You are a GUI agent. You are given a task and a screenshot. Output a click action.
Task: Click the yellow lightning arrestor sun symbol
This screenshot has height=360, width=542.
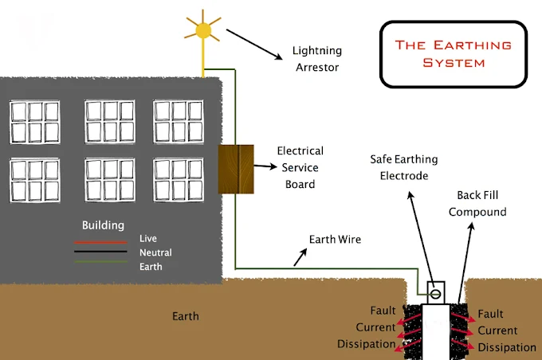click(203, 31)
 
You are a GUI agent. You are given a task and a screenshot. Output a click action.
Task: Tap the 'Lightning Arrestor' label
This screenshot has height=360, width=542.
click(316, 59)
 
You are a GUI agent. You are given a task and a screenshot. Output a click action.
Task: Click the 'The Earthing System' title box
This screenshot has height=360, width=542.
click(453, 53)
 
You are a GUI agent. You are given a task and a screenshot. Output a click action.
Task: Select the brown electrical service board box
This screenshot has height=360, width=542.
click(236, 169)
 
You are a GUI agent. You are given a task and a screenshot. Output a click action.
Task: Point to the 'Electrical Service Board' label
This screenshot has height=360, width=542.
click(300, 167)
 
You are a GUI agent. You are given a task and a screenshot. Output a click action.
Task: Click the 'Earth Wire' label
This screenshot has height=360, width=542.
click(335, 239)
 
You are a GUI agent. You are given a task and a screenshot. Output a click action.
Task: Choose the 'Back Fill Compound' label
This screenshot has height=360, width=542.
click(477, 203)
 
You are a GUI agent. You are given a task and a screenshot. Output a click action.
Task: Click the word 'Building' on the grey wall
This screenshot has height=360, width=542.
click(103, 225)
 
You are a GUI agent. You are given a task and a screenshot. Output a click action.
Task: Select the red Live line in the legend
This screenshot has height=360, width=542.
click(100, 241)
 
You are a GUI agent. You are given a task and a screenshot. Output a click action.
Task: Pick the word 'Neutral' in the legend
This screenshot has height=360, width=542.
click(155, 252)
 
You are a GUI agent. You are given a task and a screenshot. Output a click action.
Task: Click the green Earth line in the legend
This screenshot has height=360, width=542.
click(100, 261)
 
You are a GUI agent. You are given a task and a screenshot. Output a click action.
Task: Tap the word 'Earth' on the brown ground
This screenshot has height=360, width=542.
click(186, 316)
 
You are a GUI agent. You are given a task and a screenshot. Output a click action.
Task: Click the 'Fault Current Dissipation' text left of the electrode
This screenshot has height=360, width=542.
click(371, 327)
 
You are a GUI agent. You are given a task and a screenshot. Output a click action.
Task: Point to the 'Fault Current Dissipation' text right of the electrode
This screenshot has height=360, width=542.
click(505, 331)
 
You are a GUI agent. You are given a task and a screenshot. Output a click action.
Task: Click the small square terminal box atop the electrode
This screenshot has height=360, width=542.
click(435, 292)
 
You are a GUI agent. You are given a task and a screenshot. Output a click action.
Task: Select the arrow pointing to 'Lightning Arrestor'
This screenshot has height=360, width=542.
click(254, 45)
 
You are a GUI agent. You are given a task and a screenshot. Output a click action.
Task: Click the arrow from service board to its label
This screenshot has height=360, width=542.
click(265, 166)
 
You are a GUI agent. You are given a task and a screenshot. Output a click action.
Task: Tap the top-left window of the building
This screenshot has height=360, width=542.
click(34, 120)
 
